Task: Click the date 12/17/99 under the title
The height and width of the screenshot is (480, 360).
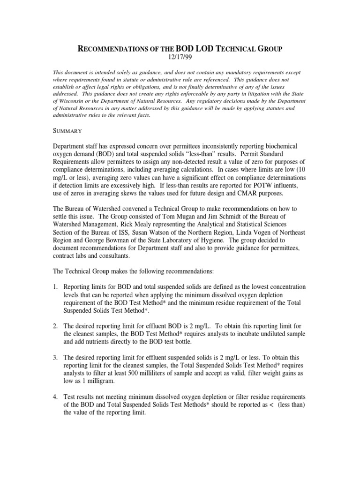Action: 180,57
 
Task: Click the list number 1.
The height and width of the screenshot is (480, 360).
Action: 55,286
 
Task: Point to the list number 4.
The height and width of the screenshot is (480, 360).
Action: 55,395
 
